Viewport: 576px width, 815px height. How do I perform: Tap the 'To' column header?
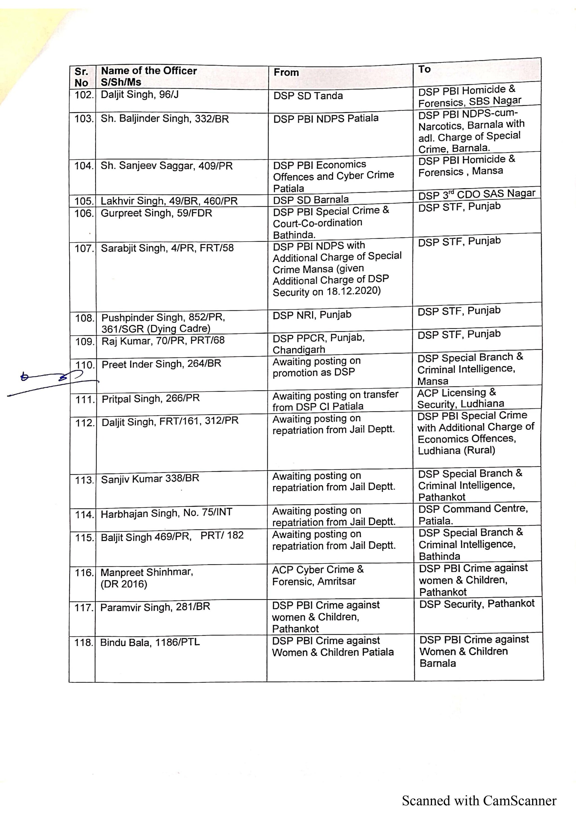424,69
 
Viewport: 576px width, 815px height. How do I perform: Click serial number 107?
84,249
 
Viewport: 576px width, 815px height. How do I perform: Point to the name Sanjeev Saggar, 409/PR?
166,166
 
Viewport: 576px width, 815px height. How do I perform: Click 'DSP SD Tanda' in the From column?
308,96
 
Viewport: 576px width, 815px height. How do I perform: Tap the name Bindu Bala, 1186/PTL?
150,642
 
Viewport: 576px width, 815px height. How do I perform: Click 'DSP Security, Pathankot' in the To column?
477,604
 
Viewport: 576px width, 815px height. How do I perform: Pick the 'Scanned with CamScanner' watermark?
479,801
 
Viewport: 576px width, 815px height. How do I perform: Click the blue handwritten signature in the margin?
53,382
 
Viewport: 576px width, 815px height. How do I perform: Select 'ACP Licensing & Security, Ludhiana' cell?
460,398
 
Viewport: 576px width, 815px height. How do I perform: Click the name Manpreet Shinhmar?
147,573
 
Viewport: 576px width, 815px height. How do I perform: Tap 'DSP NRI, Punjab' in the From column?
312,315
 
